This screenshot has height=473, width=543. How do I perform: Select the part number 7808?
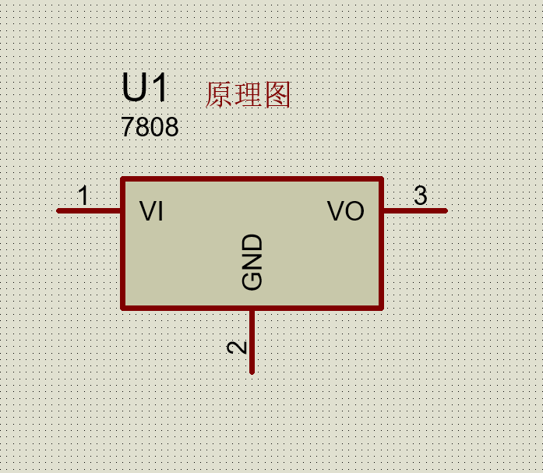coord(150,127)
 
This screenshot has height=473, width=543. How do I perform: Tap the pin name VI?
coord(151,211)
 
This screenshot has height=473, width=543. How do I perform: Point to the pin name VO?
coord(346,211)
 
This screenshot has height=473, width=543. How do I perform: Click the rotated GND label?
coord(252,263)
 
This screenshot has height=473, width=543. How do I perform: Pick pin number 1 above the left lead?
coord(83,196)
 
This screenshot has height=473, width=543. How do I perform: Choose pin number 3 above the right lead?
coord(421,196)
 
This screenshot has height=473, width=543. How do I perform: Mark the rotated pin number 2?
coord(237,347)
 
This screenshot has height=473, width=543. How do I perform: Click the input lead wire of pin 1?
coord(89,210)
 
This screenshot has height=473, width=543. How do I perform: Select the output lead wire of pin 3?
coord(414,210)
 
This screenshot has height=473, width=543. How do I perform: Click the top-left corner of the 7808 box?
coord(122,179)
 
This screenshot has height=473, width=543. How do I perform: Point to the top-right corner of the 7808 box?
coord(382,179)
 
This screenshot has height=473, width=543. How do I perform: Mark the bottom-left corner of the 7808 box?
coord(122,307)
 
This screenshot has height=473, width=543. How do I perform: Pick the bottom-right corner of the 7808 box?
coord(382,307)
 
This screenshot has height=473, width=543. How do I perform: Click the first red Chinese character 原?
coord(219,95)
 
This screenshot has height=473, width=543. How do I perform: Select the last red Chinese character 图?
coord(277,95)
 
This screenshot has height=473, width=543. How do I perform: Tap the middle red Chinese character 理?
coord(249,95)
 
